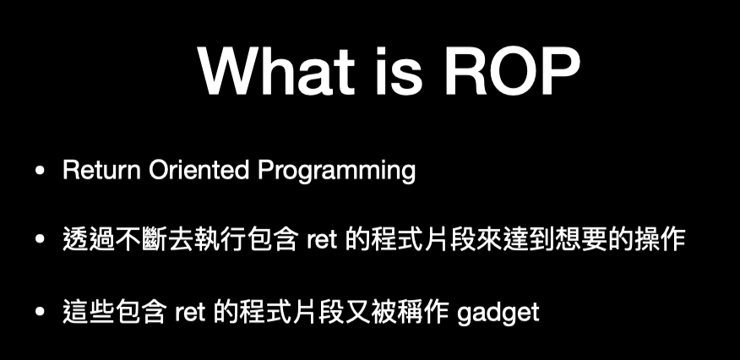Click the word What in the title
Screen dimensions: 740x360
pos(276,71)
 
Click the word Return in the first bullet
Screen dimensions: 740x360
pos(101,171)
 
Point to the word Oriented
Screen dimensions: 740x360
pos(199,171)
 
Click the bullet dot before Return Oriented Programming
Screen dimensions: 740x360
pos(40,171)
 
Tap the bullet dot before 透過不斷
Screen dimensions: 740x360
pos(40,239)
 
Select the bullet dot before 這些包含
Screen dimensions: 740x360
pos(40,311)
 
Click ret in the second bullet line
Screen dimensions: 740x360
pos(321,240)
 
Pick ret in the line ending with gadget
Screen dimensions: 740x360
pos(190,313)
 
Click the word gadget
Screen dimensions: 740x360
pos(498,314)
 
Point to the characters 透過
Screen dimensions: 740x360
pos(88,240)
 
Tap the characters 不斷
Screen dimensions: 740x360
pos(140,240)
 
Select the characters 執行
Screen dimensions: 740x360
pos(219,240)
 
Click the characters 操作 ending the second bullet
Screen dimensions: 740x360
pos(659,240)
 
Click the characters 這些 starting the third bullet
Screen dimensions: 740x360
pos(88,313)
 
